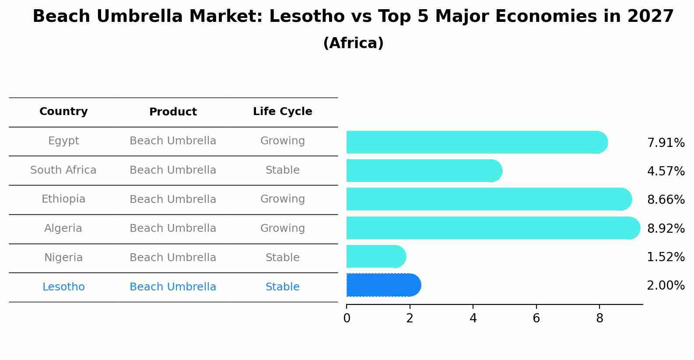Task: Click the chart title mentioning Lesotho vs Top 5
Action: click(353, 17)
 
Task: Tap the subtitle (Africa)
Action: click(353, 43)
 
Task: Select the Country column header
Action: click(63, 112)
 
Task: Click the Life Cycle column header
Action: click(282, 112)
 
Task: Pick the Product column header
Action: click(173, 112)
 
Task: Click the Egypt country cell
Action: click(63, 141)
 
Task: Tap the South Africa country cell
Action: click(63, 170)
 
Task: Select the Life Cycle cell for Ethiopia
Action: click(282, 199)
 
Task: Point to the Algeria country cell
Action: click(63, 228)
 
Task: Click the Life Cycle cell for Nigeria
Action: click(282, 258)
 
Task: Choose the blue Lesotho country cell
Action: click(63, 287)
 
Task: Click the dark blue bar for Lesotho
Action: click(383, 285)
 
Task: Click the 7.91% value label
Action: click(666, 143)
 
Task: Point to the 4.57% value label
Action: click(666, 171)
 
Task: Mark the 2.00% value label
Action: click(666, 286)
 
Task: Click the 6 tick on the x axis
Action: click(536, 318)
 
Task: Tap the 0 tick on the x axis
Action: click(347, 318)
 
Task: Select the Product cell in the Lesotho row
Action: click(173, 287)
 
